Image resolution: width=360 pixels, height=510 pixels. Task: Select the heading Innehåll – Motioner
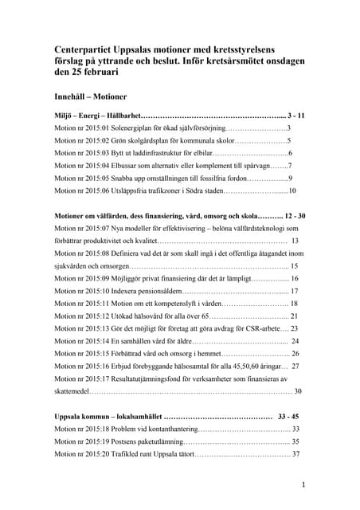[91, 95]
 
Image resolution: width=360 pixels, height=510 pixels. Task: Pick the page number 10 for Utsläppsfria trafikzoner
[292, 191]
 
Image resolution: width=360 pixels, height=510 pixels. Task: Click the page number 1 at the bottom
[303, 484]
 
